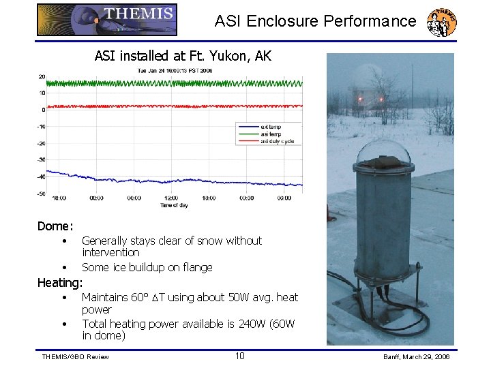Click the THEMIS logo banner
pyautogui.click(x=106, y=20)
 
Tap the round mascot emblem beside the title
pyautogui.click(x=441, y=23)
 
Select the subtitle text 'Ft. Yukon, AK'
pyautogui.click(x=233, y=56)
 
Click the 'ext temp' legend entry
pyautogui.click(x=270, y=127)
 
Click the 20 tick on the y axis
pyautogui.click(x=42, y=76)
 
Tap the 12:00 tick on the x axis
pyautogui.click(x=170, y=198)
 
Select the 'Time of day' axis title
pyautogui.click(x=173, y=204)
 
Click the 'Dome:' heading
pyautogui.click(x=55, y=226)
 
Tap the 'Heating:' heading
pyautogui.click(x=60, y=282)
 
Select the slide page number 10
pyautogui.click(x=239, y=356)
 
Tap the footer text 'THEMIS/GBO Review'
pyautogui.click(x=75, y=357)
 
